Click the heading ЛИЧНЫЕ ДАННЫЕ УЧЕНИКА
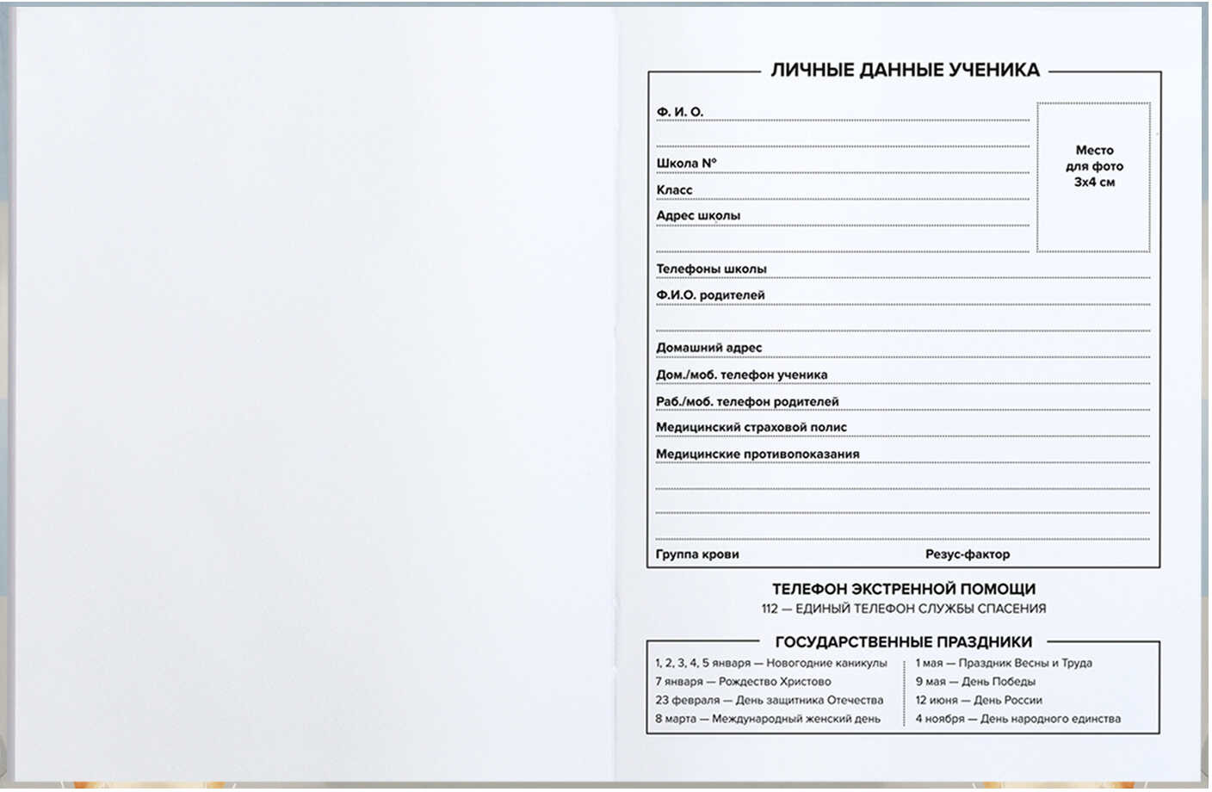(x=905, y=71)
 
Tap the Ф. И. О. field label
(x=680, y=112)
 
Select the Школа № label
(x=686, y=164)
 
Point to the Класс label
(x=674, y=190)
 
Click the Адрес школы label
(x=698, y=216)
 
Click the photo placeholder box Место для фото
(x=1093, y=176)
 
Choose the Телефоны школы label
(x=711, y=269)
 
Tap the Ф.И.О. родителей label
(x=710, y=295)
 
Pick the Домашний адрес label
(x=708, y=348)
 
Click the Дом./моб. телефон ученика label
(x=741, y=375)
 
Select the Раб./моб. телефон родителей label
(x=747, y=402)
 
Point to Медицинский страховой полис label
(x=751, y=428)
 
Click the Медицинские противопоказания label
(x=757, y=455)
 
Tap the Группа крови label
(x=697, y=554)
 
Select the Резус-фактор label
(x=968, y=554)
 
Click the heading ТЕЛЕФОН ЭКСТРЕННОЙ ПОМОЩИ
(x=904, y=590)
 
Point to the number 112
(x=770, y=609)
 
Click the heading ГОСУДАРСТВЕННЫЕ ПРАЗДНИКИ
(x=904, y=642)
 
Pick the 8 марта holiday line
(x=768, y=719)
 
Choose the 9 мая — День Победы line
(x=975, y=682)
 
